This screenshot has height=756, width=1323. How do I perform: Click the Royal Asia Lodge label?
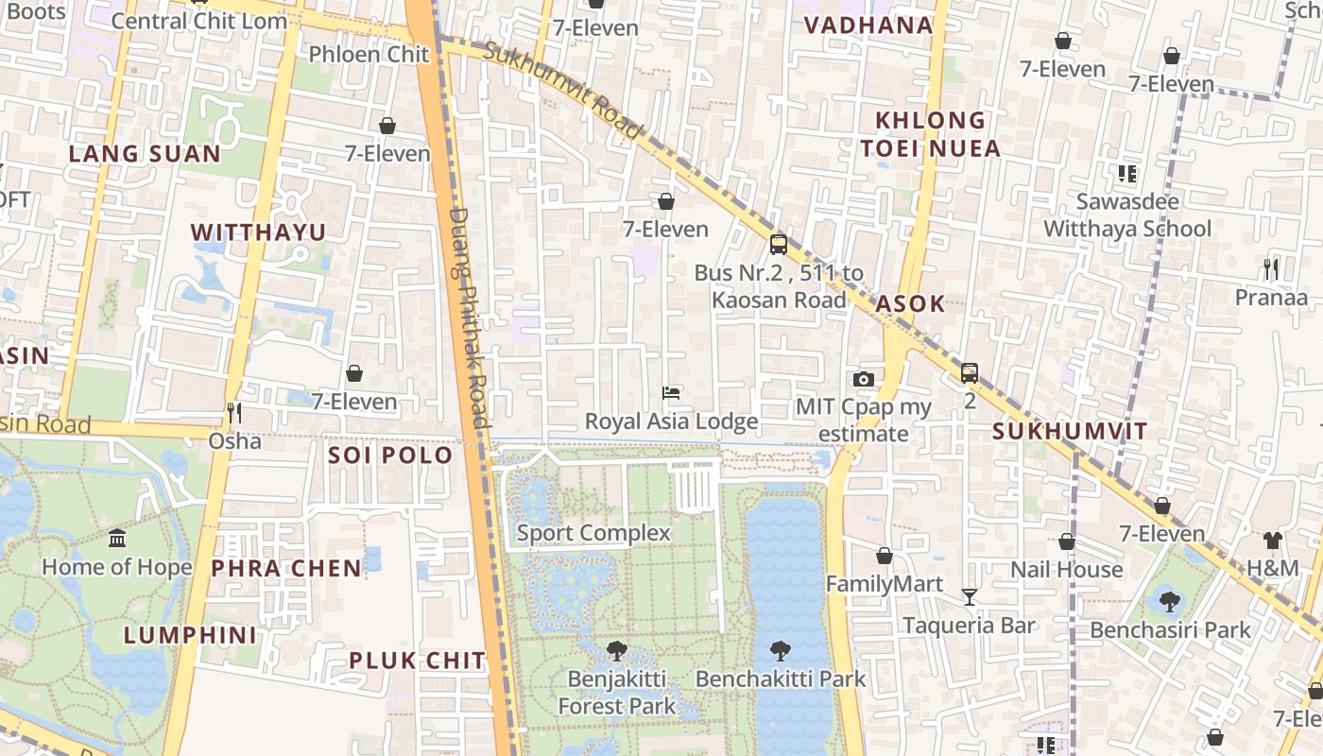pos(671,421)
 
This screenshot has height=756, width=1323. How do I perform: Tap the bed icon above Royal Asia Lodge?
pos(671,392)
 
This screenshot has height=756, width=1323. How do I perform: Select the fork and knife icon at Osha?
pos(233,412)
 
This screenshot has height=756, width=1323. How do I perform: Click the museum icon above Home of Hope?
pos(117,538)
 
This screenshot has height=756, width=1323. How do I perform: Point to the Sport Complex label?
pos(593,533)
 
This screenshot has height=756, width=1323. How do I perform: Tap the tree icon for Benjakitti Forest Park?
pos(617,650)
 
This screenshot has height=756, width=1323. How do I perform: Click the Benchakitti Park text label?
pos(781,679)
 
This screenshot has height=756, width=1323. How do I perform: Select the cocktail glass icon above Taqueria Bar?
pos(969,596)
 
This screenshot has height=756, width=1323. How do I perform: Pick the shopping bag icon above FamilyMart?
pos(885,556)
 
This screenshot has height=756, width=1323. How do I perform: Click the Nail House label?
pos(1067,570)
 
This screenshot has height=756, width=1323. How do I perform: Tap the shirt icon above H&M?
pos(1272,541)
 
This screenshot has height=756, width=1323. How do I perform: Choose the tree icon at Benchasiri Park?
pos(1170,601)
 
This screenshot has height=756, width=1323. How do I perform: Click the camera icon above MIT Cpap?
pos(863,379)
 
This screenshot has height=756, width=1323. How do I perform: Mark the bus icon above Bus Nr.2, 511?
pos(778,245)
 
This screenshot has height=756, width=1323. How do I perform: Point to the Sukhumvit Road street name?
pos(562,91)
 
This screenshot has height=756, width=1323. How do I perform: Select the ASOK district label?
pos(910,303)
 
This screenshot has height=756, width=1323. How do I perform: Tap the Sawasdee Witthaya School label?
pos(1127,215)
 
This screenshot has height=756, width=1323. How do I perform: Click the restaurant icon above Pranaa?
pos(1271,269)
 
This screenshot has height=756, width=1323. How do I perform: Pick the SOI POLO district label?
pos(390,455)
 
